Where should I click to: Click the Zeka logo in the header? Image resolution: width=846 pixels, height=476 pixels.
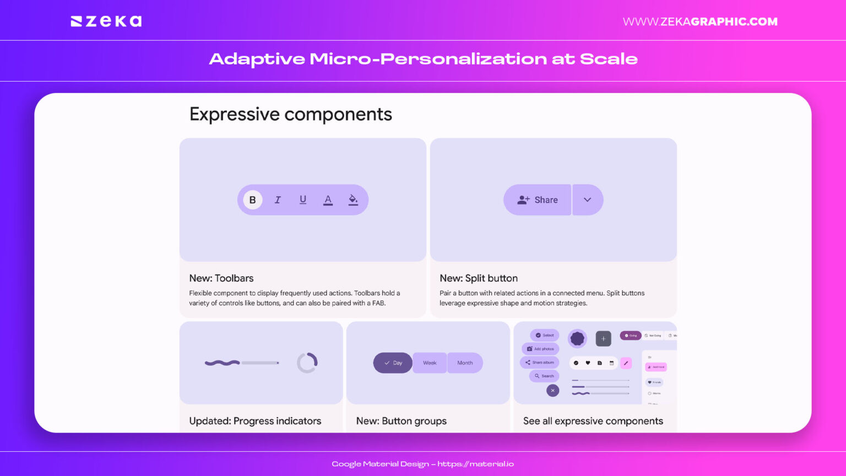tap(106, 21)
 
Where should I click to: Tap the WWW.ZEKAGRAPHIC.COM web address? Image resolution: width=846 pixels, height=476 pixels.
tap(700, 21)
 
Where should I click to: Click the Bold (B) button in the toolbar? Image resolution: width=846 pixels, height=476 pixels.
tap(252, 200)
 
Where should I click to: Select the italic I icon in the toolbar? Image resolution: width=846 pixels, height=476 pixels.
tap(278, 200)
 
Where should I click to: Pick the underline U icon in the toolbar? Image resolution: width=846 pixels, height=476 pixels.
tap(303, 200)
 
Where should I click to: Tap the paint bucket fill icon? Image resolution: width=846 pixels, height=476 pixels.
tap(353, 200)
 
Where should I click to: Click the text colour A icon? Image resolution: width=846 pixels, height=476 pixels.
tap(328, 200)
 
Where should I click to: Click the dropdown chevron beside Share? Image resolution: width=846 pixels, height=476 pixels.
tap(588, 200)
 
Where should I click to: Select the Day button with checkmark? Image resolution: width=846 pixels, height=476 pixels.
tap(393, 363)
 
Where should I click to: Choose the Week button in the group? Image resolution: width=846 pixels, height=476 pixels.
tap(430, 363)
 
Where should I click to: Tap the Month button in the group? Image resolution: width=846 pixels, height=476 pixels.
tap(465, 363)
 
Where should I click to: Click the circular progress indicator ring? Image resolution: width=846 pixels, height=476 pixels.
tap(307, 363)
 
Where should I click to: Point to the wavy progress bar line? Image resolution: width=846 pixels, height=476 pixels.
tap(222, 363)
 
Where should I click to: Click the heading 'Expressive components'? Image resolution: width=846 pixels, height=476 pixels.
tap(291, 114)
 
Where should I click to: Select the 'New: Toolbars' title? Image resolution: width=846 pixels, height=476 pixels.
tap(221, 278)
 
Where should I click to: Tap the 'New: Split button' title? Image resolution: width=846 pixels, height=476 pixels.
tap(479, 278)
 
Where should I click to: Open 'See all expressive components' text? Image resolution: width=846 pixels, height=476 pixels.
tap(593, 421)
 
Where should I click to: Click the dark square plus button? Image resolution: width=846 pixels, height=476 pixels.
tap(603, 338)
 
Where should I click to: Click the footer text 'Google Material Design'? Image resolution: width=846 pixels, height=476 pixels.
tap(380, 464)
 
